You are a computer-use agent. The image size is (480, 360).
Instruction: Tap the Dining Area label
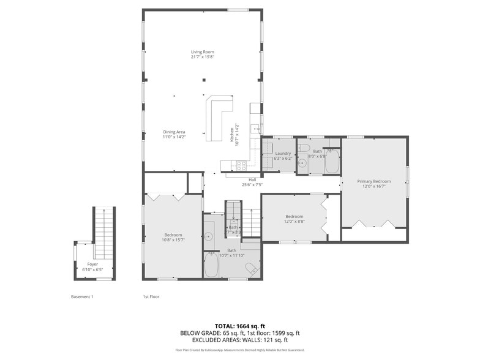tap(174, 132)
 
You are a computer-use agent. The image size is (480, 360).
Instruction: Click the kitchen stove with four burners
tap(241, 165)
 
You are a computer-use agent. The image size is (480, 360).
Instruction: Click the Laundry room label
tap(283, 153)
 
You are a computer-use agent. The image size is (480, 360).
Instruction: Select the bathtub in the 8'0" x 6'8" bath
tap(331, 162)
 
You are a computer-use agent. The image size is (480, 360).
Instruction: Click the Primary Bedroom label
tap(374, 181)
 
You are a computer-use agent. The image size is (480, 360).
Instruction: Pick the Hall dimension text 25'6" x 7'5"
tap(252, 184)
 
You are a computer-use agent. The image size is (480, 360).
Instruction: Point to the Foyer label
tap(92, 264)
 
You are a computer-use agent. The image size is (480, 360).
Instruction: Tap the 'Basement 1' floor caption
tap(82, 297)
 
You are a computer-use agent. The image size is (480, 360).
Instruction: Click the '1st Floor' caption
tap(151, 297)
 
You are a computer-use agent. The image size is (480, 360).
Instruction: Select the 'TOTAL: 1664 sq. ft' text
tap(239, 326)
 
